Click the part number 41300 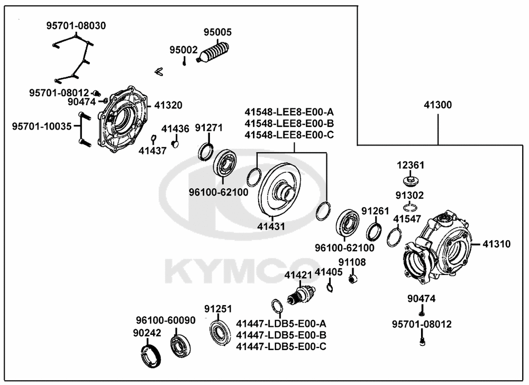[x=437, y=105]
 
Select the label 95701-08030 [x=76, y=25]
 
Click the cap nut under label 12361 [x=411, y=181]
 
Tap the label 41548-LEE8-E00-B [x=289, y=123]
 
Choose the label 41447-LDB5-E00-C [x=281, y=346]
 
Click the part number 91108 [x=352, y=262]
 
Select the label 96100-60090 [x=165, y=320]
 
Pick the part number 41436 [x=175, y=129]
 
